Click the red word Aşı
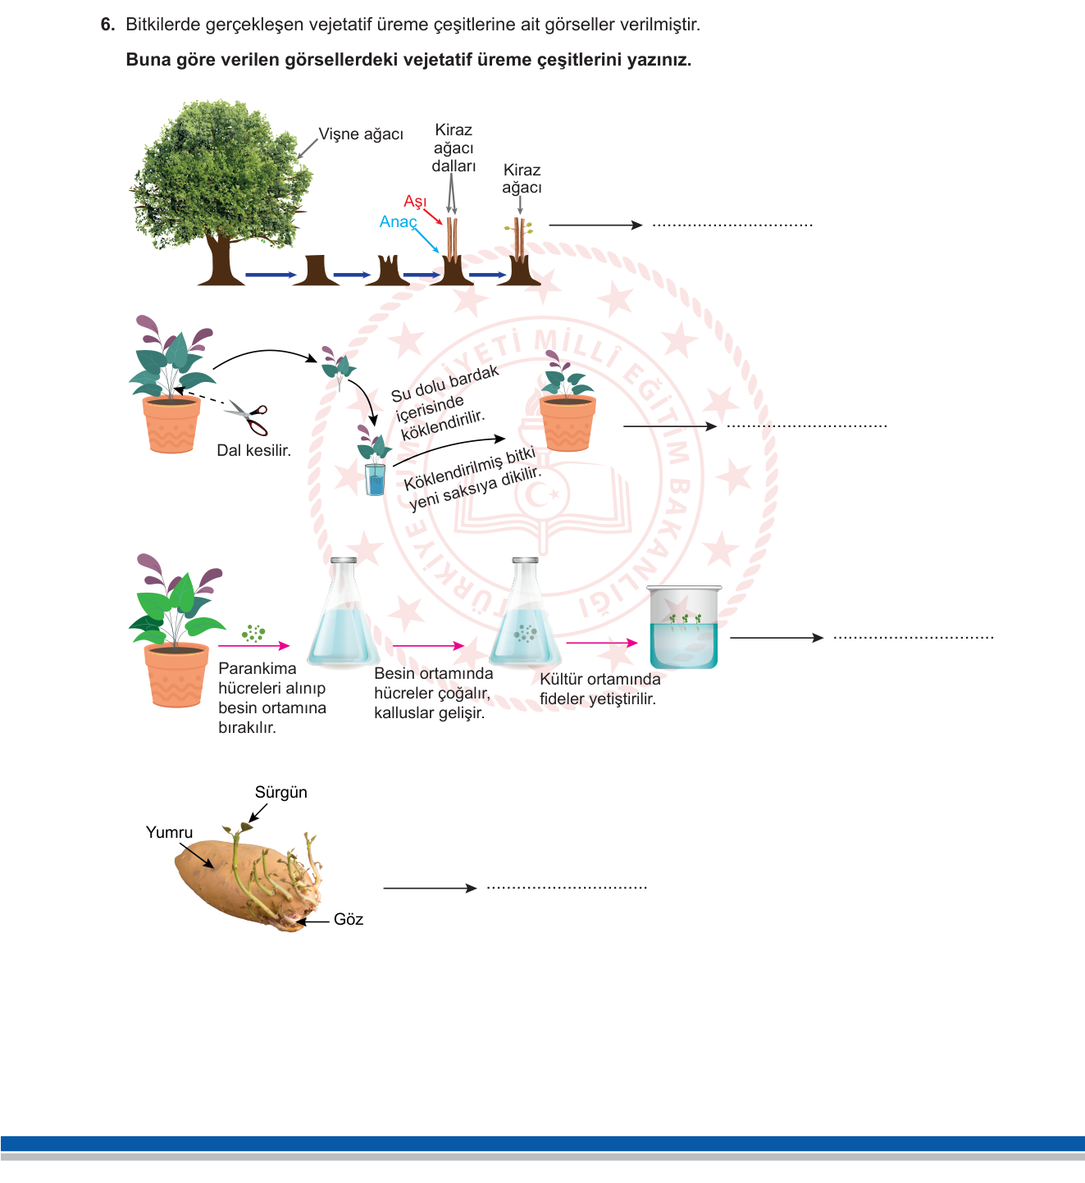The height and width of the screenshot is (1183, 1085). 415,202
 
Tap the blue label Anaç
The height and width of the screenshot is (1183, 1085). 399,221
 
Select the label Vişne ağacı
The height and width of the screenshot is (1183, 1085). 361,134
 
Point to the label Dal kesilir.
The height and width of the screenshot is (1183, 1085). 254,451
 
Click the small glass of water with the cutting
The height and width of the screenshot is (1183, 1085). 376,480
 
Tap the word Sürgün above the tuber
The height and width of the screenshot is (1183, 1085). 280,792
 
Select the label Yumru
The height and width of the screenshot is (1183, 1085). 169,832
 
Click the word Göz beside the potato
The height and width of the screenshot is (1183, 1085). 349,919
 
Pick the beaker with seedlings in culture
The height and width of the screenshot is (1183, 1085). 684,627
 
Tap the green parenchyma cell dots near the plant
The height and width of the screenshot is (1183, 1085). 253,634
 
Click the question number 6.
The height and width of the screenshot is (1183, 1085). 107,25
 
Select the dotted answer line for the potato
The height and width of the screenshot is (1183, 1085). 567,888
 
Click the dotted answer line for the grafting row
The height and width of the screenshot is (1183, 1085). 733,225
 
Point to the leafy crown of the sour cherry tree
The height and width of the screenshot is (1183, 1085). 221,172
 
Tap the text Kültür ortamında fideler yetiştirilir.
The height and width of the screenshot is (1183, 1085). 600,689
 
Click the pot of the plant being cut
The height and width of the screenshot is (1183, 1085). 171,425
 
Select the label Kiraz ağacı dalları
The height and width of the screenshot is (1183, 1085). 454,148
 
